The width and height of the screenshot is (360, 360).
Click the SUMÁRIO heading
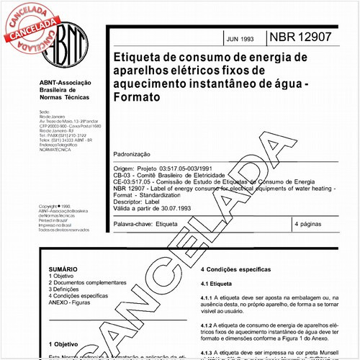[62, 267]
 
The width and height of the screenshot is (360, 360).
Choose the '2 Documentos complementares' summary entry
[87, 282]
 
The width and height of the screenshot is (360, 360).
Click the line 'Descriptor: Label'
[143, 202]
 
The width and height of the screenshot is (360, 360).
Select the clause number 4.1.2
[207, 325]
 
